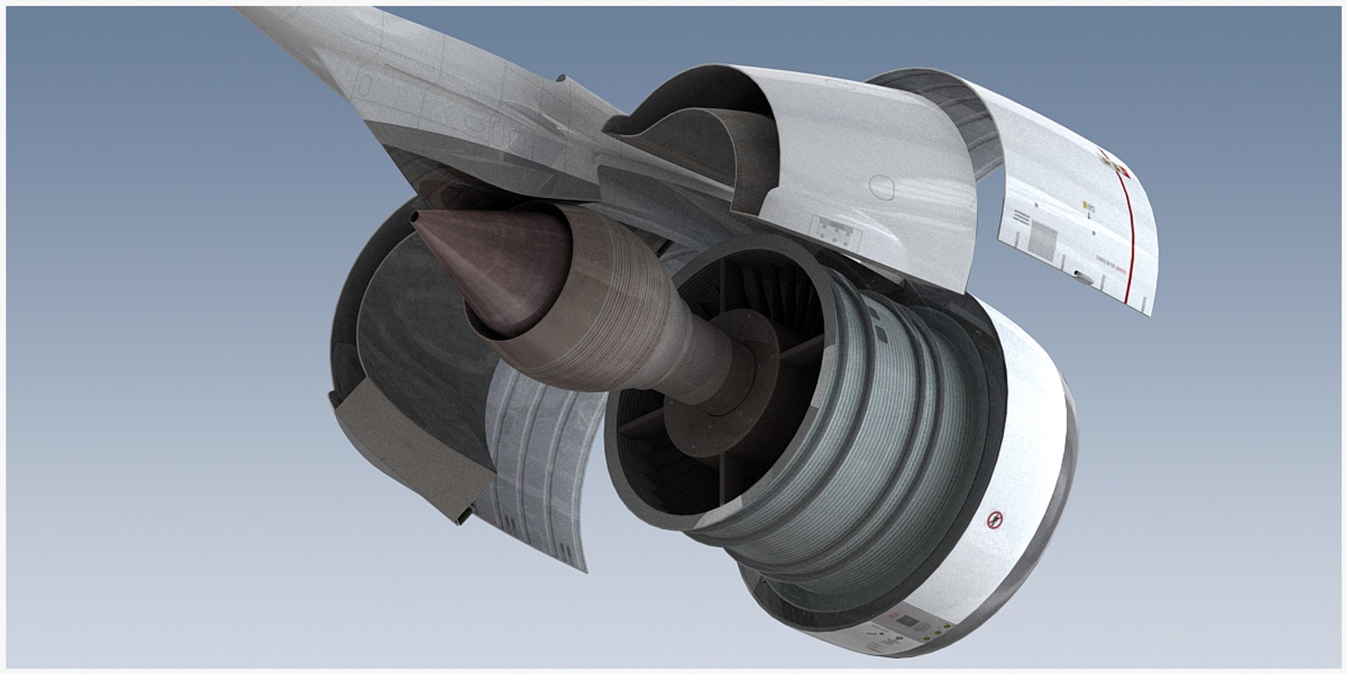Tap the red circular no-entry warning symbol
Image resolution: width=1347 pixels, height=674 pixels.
pyautogui.click(x=994, y=521)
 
